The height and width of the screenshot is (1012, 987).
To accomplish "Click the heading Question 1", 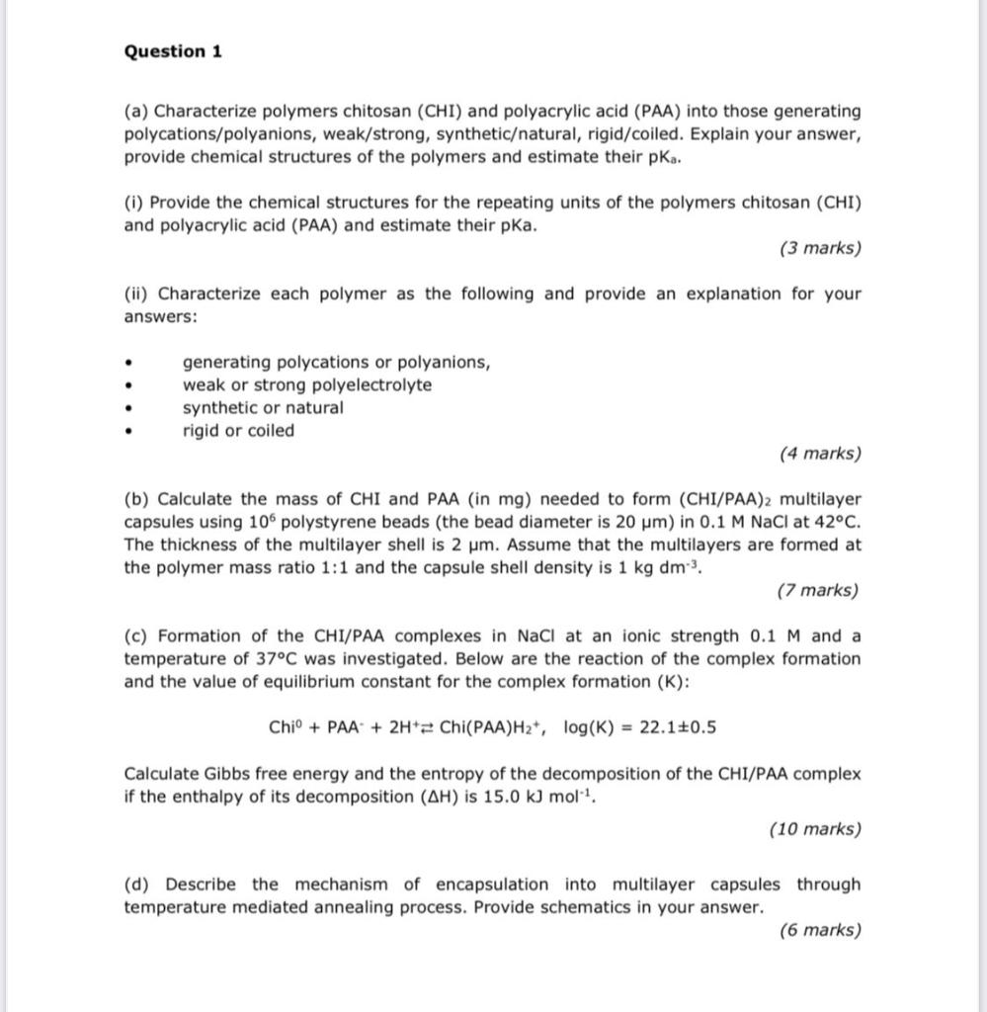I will point(173,51).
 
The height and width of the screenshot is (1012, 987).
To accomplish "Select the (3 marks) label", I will point(819,248).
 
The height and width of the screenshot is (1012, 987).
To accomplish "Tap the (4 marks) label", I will point(819,454).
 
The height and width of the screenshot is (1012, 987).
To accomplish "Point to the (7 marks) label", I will point(817,591).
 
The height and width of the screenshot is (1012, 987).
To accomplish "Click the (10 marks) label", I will point(814,829).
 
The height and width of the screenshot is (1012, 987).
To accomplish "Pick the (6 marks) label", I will point(819,930).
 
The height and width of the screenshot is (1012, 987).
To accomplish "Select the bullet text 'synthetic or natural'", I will point(263,407).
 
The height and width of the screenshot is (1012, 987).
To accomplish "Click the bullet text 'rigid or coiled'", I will point(238,430).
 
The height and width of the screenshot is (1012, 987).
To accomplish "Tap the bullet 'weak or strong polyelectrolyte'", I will point(306,384).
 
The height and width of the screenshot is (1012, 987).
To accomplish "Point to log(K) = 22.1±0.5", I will point(639,728).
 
